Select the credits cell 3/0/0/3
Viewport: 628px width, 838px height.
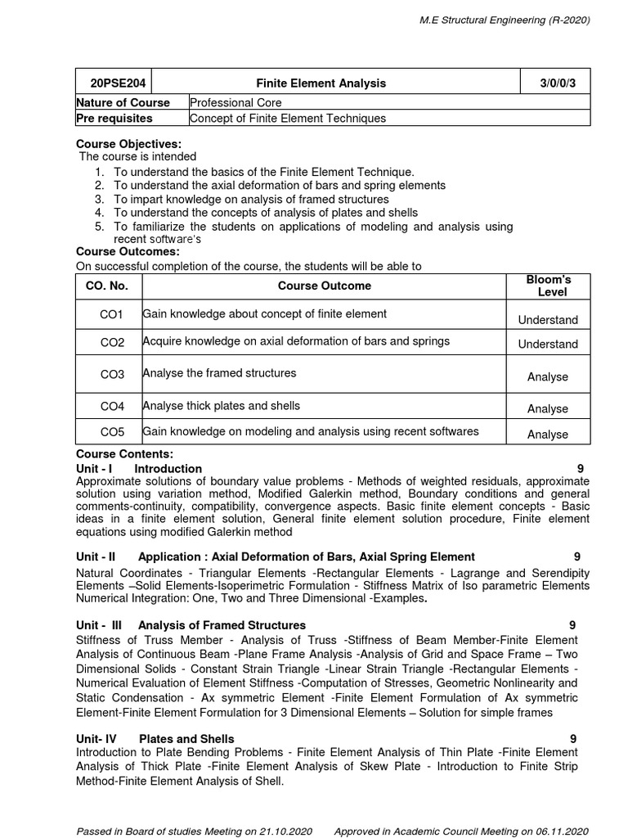[556, 83]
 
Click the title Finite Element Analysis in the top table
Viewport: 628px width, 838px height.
[321, 83]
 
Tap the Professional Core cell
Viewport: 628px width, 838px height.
[235, 103]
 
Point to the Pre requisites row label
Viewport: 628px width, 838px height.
[114, 119]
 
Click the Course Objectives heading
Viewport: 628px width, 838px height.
[128, 144]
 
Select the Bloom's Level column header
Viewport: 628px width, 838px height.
[549, 286]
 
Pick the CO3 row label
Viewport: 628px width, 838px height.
[112, 375]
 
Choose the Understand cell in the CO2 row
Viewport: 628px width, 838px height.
[548, 345]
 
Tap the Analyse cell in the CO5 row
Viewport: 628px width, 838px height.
[548, 435]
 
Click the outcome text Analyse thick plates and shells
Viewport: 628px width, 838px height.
[222, 406]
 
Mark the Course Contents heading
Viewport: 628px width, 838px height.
[124, 454]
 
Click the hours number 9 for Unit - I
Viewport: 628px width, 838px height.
[580, 469]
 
